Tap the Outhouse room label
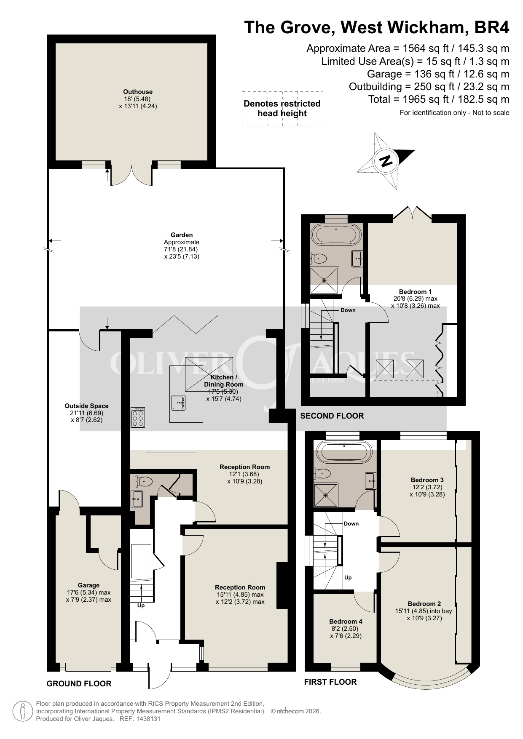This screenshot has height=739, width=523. [x=138, y=92]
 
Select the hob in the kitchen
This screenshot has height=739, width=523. [x=138, y=417]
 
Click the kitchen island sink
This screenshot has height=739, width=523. [x=179, y=403]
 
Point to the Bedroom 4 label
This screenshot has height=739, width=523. [x=346, y=622]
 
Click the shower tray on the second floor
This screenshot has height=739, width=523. [x=325, y=280]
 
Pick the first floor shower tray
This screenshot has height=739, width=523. [x=326, y=495]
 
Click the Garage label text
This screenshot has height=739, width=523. [x=89, y=585]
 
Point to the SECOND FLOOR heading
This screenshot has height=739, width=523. [x=332, y=416]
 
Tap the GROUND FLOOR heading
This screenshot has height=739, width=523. [x=79, y=684]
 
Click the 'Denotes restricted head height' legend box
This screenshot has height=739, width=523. [x=282, y=109]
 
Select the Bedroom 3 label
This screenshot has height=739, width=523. [x=427, y=480]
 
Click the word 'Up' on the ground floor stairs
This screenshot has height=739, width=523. [x=141, y=606]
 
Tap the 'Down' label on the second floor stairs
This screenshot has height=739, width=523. [x=348, y=310]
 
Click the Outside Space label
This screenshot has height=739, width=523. [x=86, y=406]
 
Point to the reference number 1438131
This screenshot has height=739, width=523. [x=147, y=719]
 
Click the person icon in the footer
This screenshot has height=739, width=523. [x=23, y=711]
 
